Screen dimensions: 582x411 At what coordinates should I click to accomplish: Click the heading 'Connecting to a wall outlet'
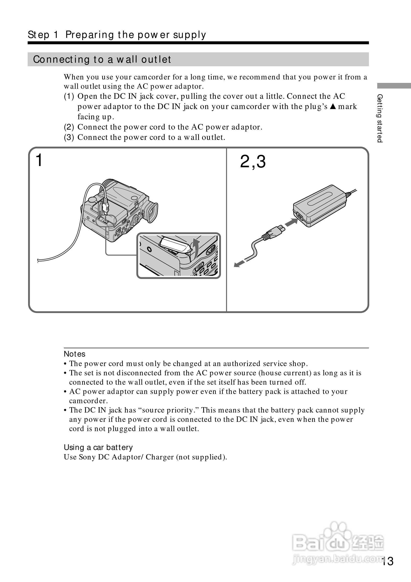coord(102,59)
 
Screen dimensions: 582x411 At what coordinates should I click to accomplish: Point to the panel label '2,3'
coord(252,161)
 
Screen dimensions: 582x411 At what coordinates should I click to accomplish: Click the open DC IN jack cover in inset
coord(175,245)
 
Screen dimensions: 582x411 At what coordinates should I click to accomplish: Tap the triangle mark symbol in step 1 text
coord(333,106)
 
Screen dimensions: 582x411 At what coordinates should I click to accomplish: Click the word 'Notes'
coord(75,354)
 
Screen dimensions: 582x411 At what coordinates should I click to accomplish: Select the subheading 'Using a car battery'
coord(98,448)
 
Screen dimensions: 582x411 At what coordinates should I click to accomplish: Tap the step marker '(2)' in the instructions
coord(69,127)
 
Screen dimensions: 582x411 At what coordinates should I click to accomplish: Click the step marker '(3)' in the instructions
coord(69,137)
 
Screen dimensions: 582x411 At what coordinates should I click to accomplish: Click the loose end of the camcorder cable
coord(38,260)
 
